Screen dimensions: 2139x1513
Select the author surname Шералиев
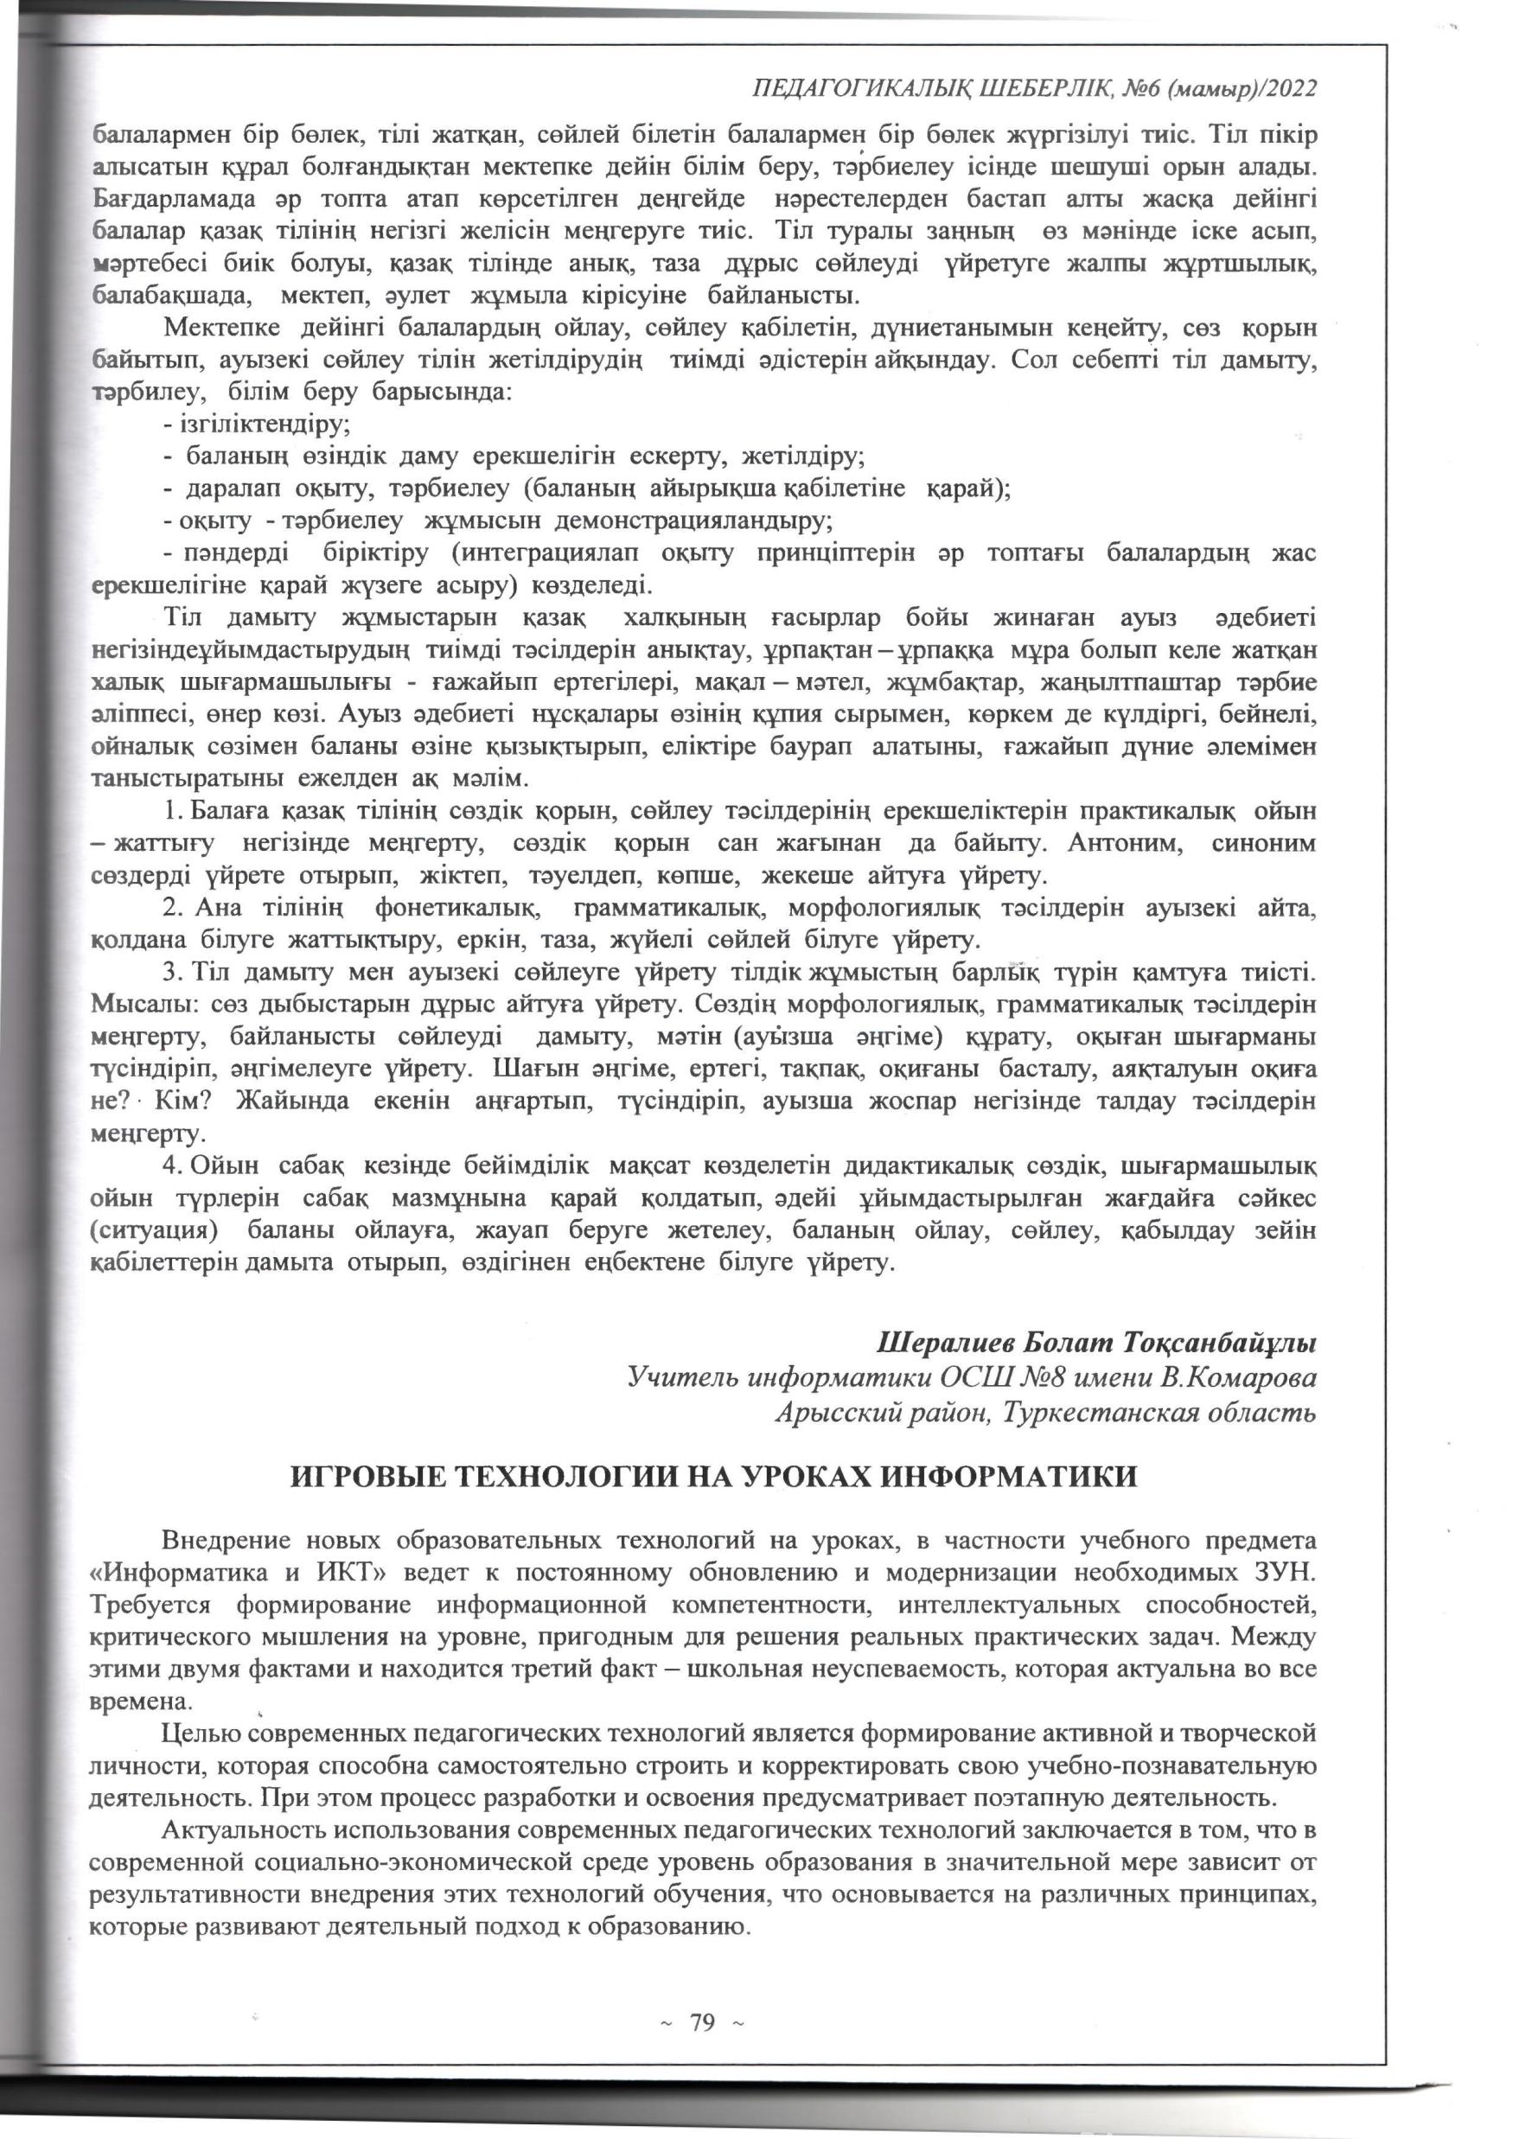945,1344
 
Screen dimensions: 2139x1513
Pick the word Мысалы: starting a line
146,1006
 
